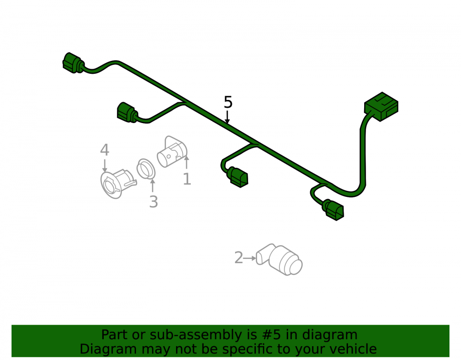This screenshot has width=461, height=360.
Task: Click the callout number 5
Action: (x=228, y=102)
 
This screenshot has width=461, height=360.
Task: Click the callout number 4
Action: (x=105, y=150)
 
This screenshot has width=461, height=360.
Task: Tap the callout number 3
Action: (x=154, y=202)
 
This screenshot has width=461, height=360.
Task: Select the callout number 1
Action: (x=187, y=179)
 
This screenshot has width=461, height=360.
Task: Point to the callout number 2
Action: (x=238, y=257)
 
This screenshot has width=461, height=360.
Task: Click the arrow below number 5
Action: (x=227, y=117)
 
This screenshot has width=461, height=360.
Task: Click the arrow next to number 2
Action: (x=250, y=258)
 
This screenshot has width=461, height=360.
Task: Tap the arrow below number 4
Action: (x=105, y=165)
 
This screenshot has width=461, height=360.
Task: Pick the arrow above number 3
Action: (x=153, y=185)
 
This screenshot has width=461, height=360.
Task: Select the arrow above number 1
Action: (x=186, y=162)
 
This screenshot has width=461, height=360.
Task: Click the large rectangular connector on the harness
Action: (x=381, y=106)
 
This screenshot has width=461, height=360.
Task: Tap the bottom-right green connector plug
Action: (x=333, y=210)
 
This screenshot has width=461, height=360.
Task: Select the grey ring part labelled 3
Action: (x=146, y=169)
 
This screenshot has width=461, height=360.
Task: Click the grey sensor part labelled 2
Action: (x=279, y=260)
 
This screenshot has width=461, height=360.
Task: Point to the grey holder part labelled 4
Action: (x=118, y=183)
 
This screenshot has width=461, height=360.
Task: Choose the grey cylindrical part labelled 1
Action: (x=172, y=151)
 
